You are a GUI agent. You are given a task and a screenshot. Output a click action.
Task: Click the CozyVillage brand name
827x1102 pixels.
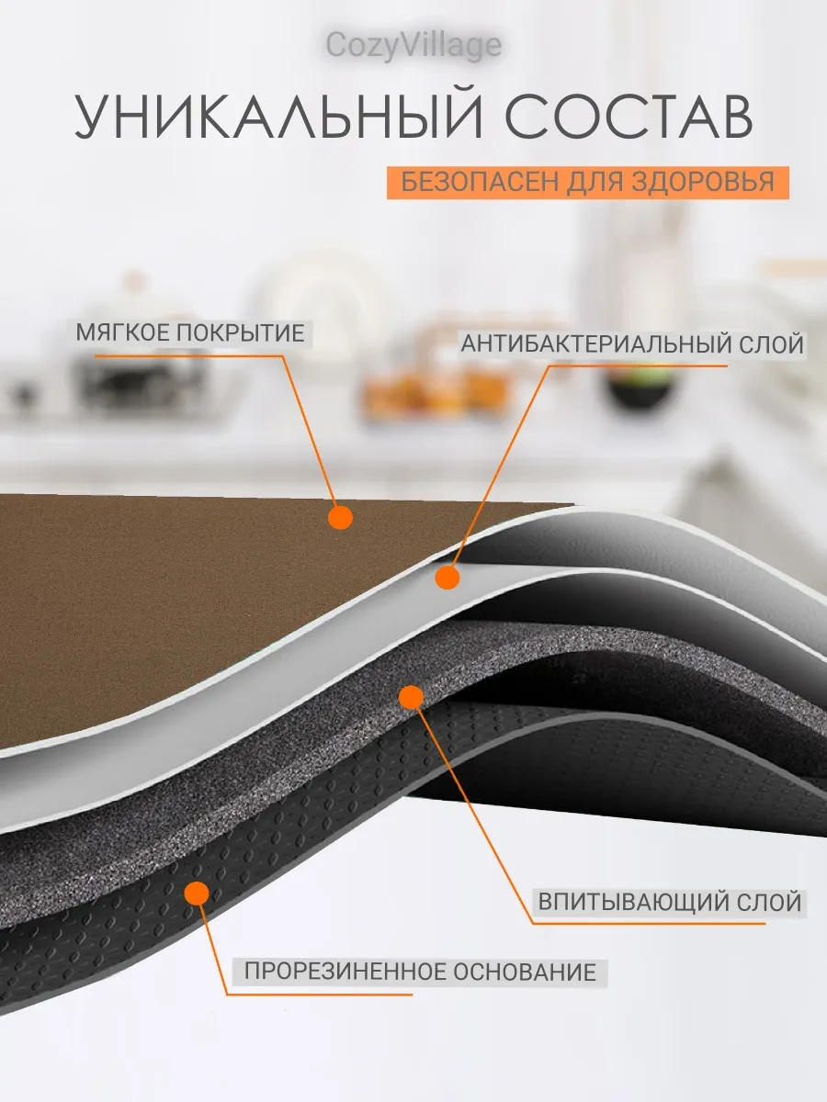pyautogui.click(x=413, y=45)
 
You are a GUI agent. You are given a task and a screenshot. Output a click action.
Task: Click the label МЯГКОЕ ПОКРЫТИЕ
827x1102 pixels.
pyautogui.click(x=190, y=332)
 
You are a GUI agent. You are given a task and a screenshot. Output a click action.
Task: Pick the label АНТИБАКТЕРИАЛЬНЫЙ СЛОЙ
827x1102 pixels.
pyautogui.click(x=632, y=344)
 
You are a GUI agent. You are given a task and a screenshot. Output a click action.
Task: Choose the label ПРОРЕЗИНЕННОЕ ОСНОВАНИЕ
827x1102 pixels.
pyautogui.click(x=420, y=972)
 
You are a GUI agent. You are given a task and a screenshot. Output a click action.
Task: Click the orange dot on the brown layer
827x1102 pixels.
pyautogui.click(x=340, y=519)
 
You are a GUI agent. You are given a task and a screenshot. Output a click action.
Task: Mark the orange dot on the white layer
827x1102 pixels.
pyautogui.click(x=447, y=578)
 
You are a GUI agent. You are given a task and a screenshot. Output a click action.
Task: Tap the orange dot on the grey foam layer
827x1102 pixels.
pyautogui.click(x=411, y=698)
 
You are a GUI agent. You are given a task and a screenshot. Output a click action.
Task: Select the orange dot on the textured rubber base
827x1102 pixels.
pyautogui.click(x=197, y=892)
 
